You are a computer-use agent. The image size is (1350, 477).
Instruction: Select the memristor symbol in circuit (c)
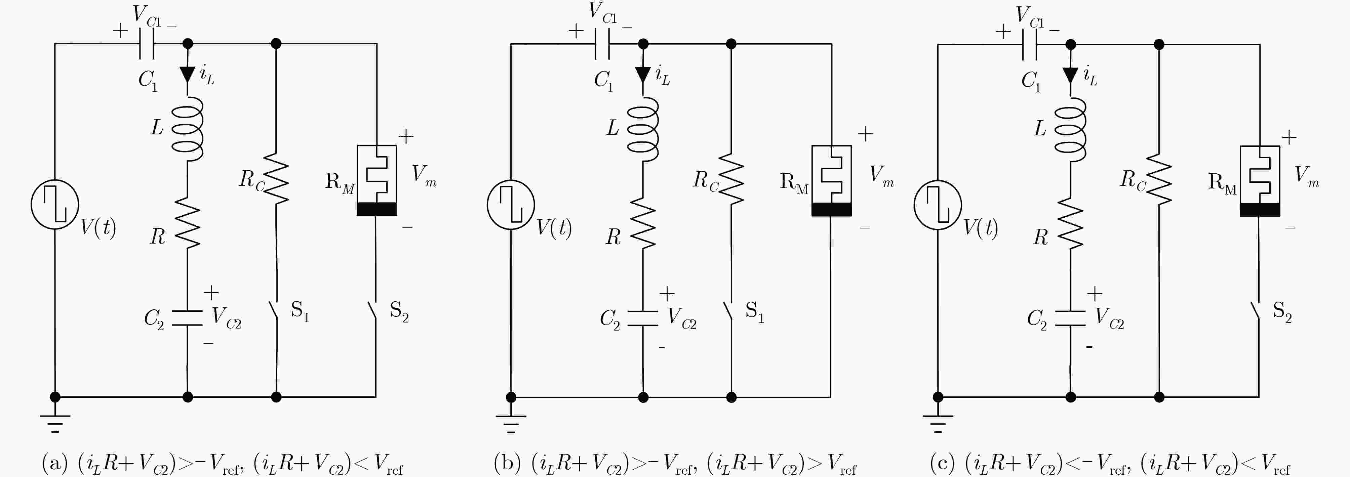coord(1260,181)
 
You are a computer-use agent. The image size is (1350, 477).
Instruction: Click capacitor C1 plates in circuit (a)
coord(146,43)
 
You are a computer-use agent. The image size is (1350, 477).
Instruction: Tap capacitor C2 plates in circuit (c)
coord(1070,318)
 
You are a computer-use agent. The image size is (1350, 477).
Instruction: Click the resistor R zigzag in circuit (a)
coord(188,222)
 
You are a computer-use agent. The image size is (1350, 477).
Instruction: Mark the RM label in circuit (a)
coord(340,182)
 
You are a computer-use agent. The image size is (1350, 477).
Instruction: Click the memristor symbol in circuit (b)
coord(832,181)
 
